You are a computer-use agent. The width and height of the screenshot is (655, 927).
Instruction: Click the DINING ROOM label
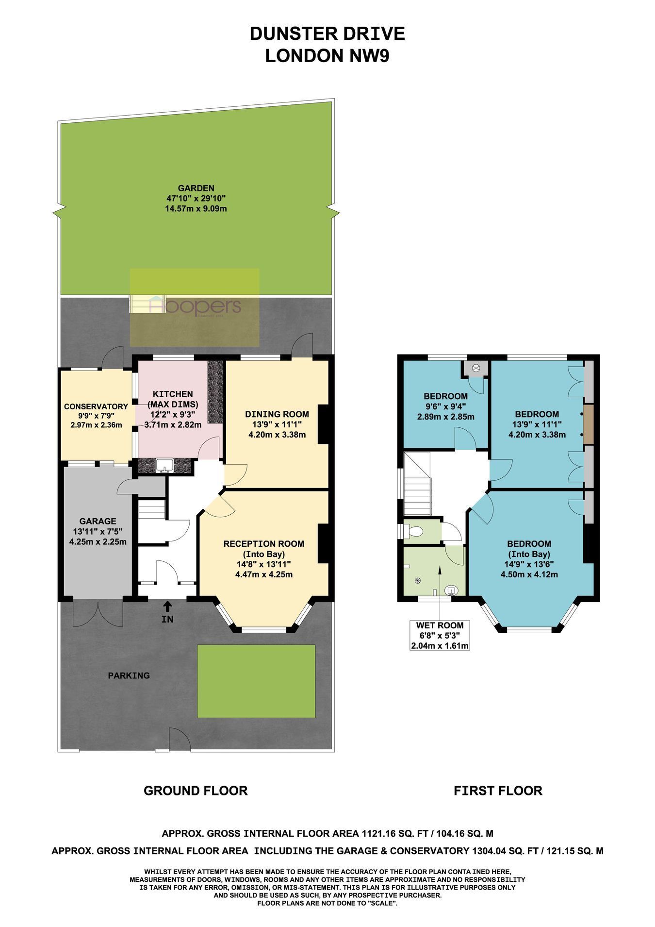277,414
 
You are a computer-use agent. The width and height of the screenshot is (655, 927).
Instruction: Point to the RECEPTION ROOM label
264,543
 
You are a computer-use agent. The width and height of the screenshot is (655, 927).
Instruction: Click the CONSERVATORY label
96,406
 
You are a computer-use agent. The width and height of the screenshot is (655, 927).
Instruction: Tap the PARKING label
129,675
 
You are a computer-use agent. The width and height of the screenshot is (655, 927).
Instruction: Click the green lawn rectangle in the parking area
256,681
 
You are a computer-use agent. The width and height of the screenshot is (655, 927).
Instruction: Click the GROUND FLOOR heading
196,791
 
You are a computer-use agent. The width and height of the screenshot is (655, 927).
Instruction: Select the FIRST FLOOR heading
498,791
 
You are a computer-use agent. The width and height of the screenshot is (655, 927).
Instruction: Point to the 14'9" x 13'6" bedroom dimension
529,564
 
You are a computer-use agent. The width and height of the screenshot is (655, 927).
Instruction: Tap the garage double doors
98,614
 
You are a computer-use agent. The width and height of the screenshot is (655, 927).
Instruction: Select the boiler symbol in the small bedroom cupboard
476,368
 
